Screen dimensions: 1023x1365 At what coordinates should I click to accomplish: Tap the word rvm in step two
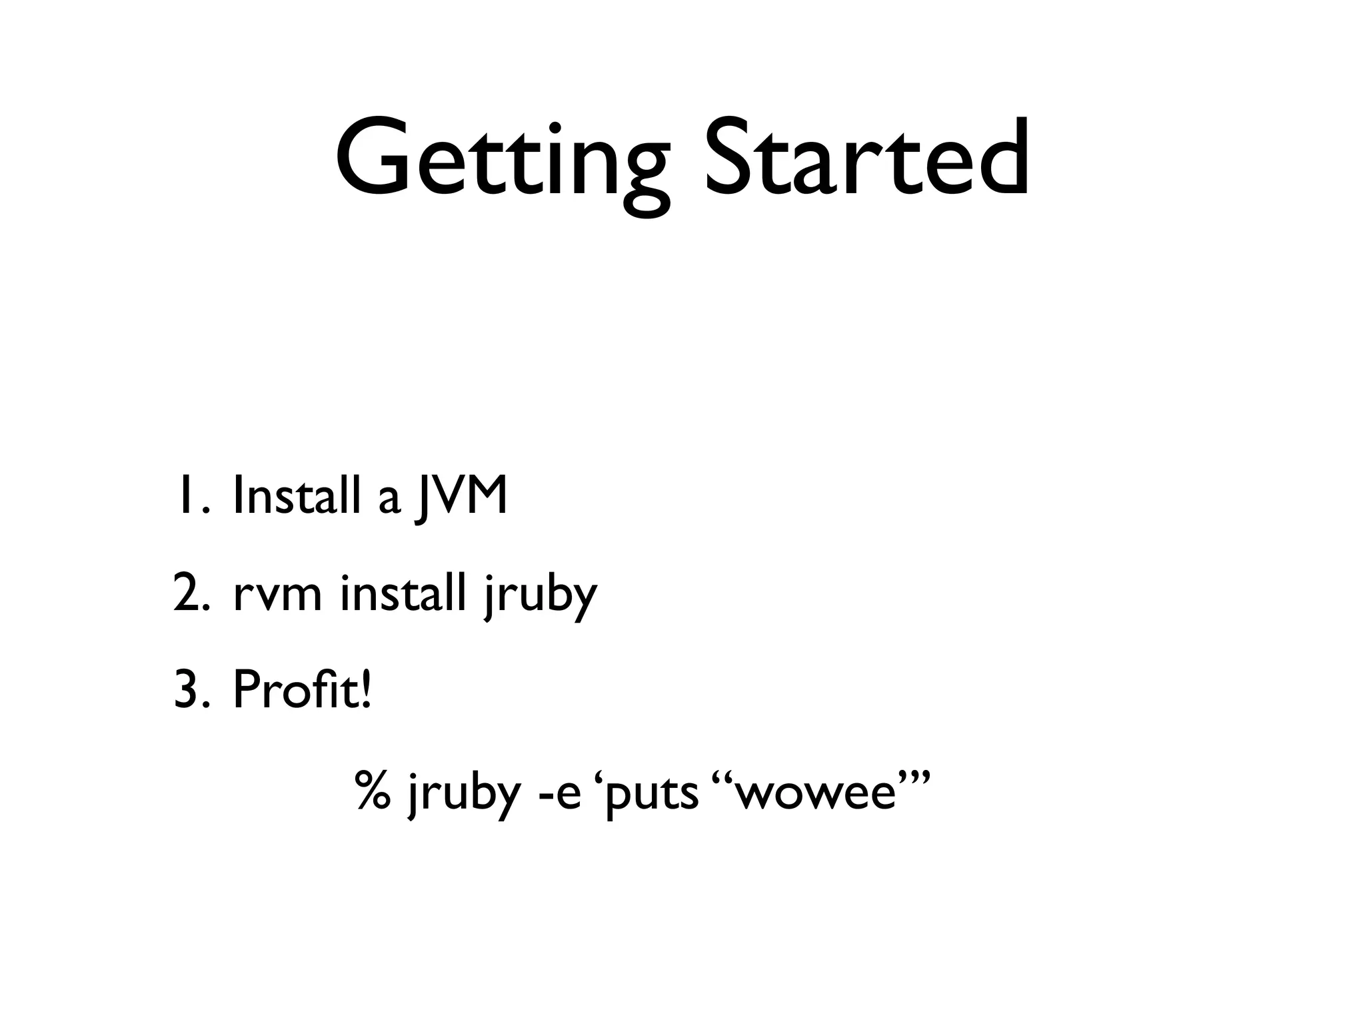(277, 595)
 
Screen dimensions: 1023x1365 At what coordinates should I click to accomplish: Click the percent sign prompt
(373, 791)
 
